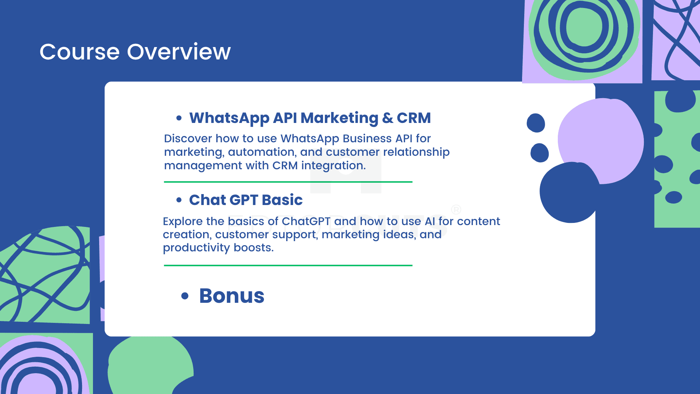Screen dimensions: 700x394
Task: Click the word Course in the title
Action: coord(79,52)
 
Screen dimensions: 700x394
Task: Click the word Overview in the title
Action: coord(179,52)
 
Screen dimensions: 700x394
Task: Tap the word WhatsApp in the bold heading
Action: coord(229,119)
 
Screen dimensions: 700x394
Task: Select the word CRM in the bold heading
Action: coord(414,118)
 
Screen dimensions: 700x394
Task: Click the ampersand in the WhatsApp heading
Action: coord(388,118)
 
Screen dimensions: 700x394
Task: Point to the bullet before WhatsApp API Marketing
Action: coord(179,118)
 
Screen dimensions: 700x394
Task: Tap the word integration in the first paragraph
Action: coord(333,166)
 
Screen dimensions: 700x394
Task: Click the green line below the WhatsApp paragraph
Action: coord(288,182)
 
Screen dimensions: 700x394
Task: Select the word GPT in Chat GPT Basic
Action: coord(244,200)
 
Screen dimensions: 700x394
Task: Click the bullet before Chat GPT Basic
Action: coord(179,200)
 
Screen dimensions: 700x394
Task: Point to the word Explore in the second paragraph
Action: coord(183,221)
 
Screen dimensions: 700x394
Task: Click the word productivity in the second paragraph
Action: coord(196,248)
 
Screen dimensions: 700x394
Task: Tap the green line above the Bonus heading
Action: coord(288,266)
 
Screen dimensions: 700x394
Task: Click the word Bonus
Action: coord(232,296)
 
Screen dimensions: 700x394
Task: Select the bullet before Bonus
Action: coord(185,296)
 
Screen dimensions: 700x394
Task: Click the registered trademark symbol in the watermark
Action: coord(456,209)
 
